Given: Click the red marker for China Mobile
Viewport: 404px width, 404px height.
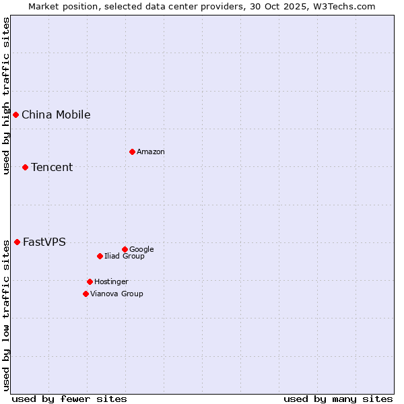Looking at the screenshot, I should pos(15,114).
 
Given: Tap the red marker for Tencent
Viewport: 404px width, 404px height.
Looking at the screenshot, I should pos(25,167).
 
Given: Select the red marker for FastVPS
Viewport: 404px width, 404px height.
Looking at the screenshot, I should pos(17,242).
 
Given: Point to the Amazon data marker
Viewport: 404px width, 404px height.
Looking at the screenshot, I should pos(132,151).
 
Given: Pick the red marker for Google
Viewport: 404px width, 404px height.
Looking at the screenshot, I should pos(125,249).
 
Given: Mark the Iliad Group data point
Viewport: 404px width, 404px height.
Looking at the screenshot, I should pos(100,256).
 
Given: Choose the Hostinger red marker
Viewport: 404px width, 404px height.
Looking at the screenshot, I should pos(90,281).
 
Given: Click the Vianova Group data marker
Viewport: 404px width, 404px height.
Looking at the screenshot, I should pos(86,294).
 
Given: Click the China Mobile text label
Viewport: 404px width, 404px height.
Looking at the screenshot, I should pos(56,114).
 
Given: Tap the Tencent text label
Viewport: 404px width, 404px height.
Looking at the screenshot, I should pos(52,167).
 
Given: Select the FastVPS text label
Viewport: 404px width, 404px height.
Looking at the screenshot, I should pos(44,242).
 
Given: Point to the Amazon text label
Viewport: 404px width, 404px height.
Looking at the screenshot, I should pos(151,151).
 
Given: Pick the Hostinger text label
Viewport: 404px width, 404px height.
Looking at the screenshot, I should pos(111,281).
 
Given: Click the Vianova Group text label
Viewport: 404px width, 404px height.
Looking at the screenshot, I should pos(116,294).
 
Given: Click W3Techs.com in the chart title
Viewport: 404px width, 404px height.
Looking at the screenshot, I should pos(345,6).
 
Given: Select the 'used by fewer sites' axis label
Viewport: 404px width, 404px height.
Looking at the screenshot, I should pos(69,399).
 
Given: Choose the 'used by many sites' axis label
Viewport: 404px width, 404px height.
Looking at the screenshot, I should pos(338,399).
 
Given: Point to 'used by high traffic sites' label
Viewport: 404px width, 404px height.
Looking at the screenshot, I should pos(6,96).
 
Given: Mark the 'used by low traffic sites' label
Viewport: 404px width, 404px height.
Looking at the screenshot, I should pos(6,313).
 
